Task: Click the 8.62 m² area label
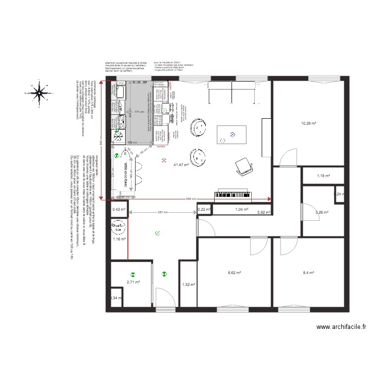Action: [x=234, y=273]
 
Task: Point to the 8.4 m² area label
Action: [x=309, y=273]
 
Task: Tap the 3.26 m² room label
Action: [x=322, y=213]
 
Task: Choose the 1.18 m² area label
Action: [x=323, y=176]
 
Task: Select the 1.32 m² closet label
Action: [x=188, y=284]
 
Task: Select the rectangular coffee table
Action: [x=232, y=133]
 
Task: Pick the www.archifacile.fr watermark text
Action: [x=341, y=327]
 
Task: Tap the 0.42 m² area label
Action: [x=119, y=209]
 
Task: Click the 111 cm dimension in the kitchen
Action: [x=139, y=112]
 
